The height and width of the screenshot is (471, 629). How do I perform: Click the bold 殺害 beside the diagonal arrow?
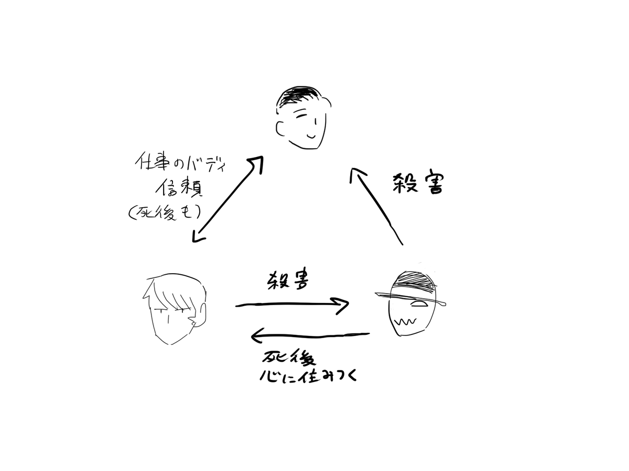click(x=418, y=184)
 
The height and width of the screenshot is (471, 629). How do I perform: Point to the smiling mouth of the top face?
click(x=311, y=134)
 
